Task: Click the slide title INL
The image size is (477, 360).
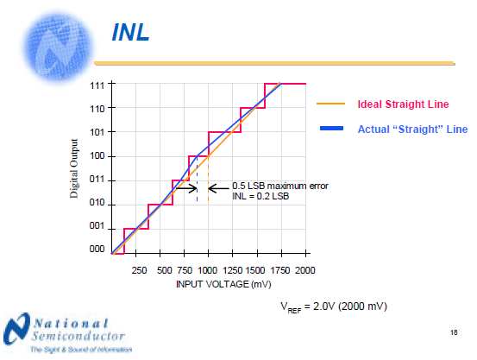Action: (x=132, y=34)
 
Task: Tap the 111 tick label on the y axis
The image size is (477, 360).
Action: (x=97, y=85)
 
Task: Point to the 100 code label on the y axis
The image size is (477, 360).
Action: (x=97, y=156)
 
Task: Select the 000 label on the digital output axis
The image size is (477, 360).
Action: (x=97, y=249)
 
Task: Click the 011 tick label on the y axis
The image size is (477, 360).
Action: (x=97, y=180)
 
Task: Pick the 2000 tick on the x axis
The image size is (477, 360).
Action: (x=304, y=270)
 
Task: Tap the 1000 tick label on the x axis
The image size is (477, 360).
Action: (x=208, y=270)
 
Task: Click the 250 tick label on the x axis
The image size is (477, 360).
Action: (x=136, y=270)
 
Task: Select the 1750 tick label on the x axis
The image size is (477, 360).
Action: (x=280, y=270)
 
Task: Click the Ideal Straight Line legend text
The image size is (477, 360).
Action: (x=403, y=104)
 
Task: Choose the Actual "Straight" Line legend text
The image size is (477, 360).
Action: (x=411, y=129)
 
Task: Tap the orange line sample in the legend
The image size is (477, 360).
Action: (x=333, y=104)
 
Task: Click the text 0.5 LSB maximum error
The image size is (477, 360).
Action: (x=280, y=186)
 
